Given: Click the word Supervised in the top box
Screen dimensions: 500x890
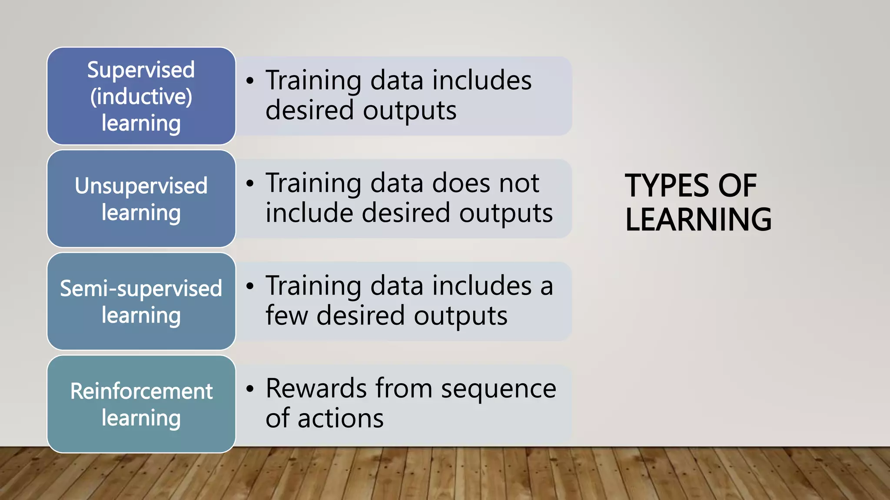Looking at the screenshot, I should coord(141,70).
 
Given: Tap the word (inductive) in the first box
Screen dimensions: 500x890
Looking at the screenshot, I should coord(141,97).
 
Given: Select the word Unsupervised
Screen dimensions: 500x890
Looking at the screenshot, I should coord(141,186).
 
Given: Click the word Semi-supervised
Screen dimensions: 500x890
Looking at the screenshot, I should coord(141,289).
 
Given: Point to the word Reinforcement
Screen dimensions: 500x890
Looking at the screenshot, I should coord(141,391).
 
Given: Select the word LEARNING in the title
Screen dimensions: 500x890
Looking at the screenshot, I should coord(698,220).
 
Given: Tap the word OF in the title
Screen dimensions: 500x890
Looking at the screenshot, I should coord(737,186).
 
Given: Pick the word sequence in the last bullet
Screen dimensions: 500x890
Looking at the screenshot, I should coord(498,389).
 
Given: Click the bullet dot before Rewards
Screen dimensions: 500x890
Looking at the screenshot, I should coord(249,388).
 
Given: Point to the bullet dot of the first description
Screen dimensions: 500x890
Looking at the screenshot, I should coord(249,81).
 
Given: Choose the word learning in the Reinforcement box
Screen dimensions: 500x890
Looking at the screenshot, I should coord(141,418).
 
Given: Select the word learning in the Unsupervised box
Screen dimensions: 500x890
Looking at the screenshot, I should coord(141,213).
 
